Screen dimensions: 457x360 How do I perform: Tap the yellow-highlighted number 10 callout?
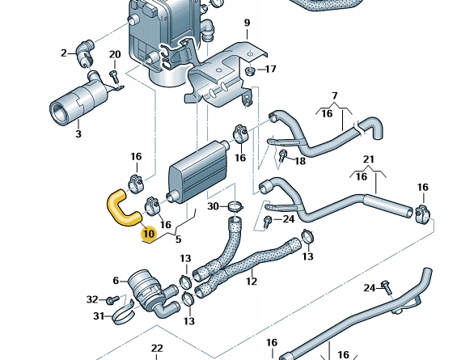tap(149, 234)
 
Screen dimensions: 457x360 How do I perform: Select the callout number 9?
tap(248, 23)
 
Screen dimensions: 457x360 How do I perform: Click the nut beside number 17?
tap(249, 71)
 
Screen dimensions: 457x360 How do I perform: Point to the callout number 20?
tap(115, 54)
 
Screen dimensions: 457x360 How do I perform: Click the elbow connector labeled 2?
tap(84, 53)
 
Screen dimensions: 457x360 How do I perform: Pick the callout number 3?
tap(78, 134)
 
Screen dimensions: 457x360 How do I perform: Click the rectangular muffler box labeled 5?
tap(198, 172)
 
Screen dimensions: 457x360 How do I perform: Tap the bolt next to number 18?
tap(282, 156)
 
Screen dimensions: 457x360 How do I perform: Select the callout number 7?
tap(335, 95)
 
